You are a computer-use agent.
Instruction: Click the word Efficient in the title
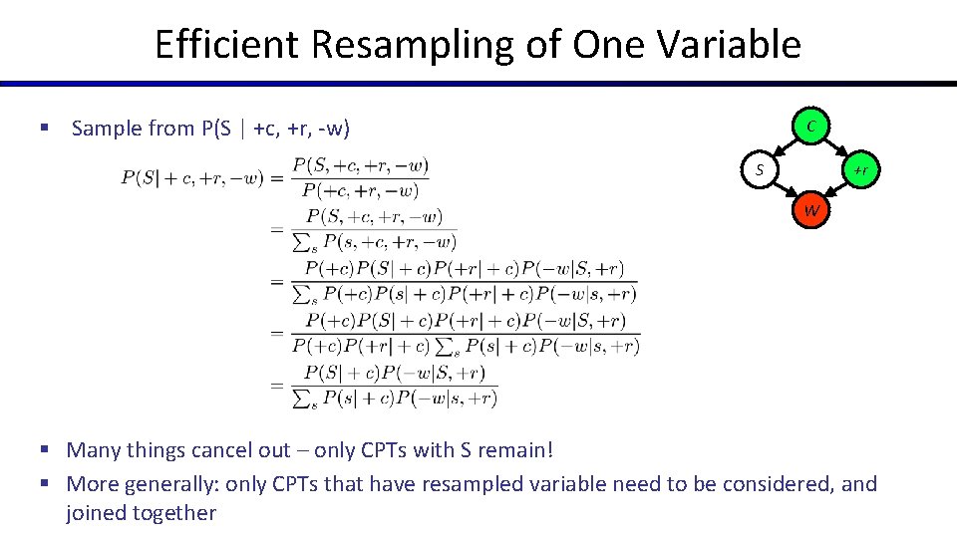coord(225,45)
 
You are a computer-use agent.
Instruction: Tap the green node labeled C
coord(812,126)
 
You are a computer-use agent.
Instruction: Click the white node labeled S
coord(760,170)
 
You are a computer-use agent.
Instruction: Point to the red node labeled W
coord(812,210)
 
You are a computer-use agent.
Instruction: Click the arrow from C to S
coord(786,147)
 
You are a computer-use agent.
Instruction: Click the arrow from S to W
coord(786,191)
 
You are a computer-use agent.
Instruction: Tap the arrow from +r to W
coord(838,191)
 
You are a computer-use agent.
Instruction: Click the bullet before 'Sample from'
coord(44,129)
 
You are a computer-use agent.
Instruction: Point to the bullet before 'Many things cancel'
coord(44,450)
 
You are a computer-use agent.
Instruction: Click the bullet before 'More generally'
coord(44,484)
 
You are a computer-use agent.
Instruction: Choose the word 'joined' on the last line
coord(98,513)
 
